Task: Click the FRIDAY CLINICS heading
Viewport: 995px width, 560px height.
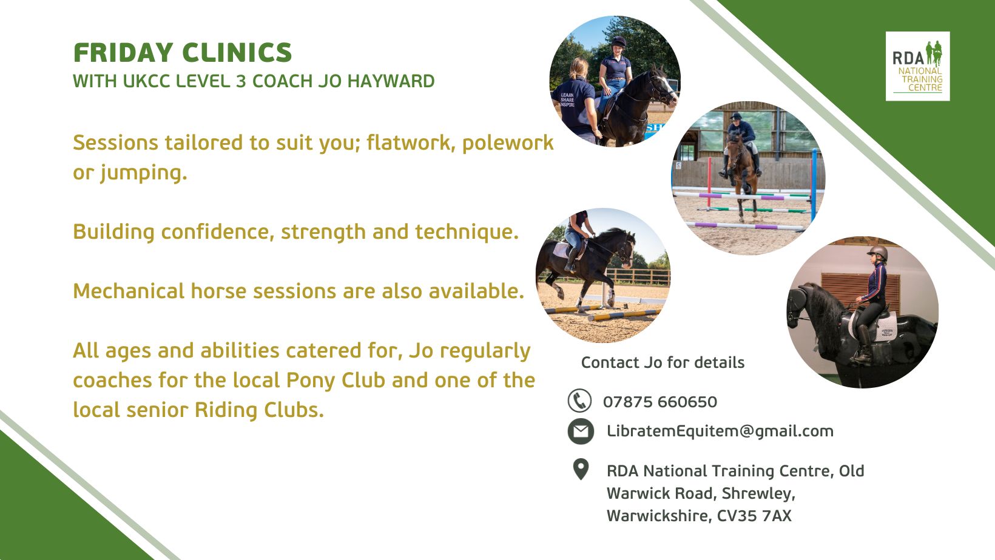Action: click(x=183, y=53)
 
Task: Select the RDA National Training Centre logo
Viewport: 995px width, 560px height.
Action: click(x=917, y=66)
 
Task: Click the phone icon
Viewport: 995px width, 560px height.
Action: click(x=579, y=401)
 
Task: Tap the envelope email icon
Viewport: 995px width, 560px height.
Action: click(x=581, y=432)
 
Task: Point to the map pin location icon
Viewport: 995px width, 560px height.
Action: click(x=581, y=469)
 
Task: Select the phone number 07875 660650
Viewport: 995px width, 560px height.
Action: click(x=660, y=402)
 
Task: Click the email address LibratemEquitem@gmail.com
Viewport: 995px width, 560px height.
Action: click(x=720, y=432)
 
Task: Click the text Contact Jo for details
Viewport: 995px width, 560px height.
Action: click(x=663, y=362)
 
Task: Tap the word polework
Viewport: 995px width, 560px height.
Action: click(x=508, y=143)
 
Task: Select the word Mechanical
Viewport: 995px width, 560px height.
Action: click(x=129, y=292)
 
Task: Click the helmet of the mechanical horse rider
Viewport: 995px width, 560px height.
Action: click(x=877, y=253)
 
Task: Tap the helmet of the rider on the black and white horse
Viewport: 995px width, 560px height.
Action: click(x=618, y=42)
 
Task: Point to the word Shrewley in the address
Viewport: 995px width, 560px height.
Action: click(x=758, y=493)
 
